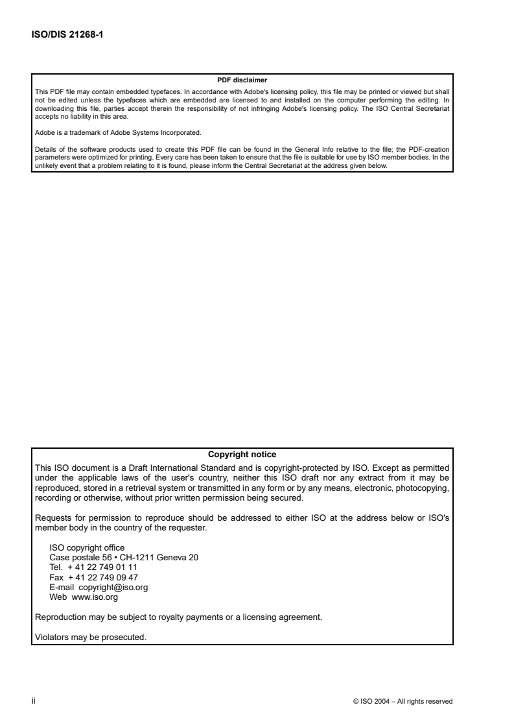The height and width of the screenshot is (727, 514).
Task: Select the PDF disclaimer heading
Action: point(242,80)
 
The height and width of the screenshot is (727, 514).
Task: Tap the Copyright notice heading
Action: point(242,454)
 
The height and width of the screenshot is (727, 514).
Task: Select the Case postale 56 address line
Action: point(124,556)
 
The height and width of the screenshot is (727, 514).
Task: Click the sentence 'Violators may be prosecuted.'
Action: point(90,636)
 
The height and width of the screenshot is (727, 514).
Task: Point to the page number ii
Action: point(33,701)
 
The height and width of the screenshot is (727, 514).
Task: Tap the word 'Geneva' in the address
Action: point(170,556)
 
